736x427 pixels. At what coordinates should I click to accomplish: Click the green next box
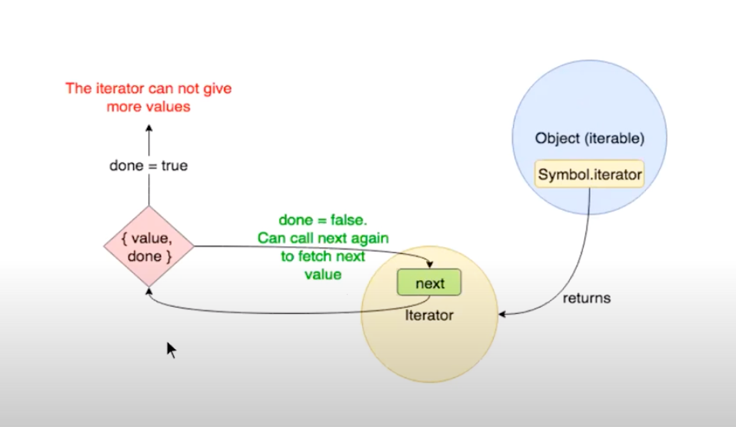click(x=430, y=283)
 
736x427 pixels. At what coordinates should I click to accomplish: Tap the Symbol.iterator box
click(x=590, y=175)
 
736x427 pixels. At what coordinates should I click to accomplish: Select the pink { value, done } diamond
click(x=148, y=247)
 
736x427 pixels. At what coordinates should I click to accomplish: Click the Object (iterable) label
click(x=589, y=139)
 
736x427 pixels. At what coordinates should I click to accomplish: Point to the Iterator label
click(x=429, y=315)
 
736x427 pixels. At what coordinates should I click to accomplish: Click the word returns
click(x=586, y=298)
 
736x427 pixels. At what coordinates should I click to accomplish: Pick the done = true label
click(x=149, y=165)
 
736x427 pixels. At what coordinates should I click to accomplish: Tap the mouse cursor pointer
click(x=171, y=349)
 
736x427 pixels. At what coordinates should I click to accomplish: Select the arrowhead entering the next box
click(x=430, y=265)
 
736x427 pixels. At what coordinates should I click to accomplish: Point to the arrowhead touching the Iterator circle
click(x=504, y=314)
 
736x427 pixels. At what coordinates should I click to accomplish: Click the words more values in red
click(x=148, y=107)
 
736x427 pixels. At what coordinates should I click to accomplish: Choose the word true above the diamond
click(x=174, y=165)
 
